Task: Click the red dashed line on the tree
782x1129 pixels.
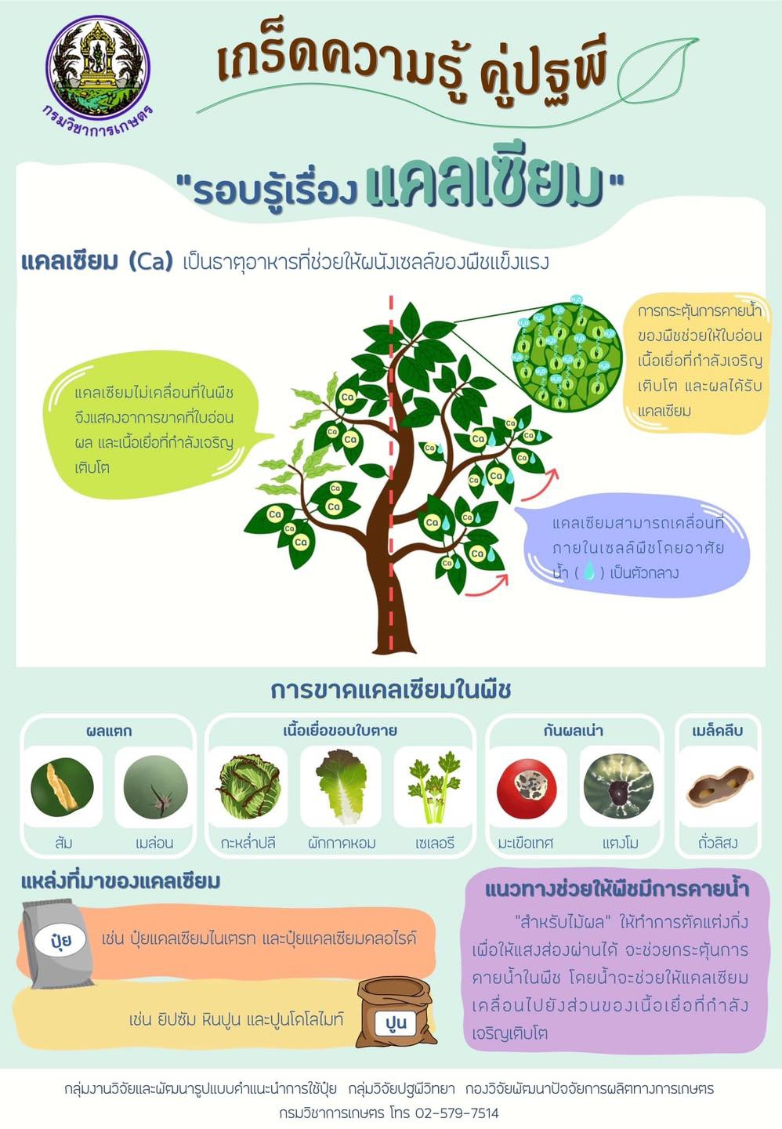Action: click(390, 470)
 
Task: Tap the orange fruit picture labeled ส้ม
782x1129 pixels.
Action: click(63, 786)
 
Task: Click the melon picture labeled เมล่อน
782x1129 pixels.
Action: click(155, 787)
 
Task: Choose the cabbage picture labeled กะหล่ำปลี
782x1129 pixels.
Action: click(248, 786)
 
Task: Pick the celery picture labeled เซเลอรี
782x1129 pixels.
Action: click(433, 786)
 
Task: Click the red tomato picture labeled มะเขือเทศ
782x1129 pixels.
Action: click(527, 786)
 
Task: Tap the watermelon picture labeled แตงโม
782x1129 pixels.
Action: click(619, 786)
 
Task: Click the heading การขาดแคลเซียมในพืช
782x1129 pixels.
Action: click(390, 689)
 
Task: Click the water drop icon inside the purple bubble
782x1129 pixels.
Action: click(589, 572)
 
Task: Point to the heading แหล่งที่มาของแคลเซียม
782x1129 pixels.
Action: click(121, 881)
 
